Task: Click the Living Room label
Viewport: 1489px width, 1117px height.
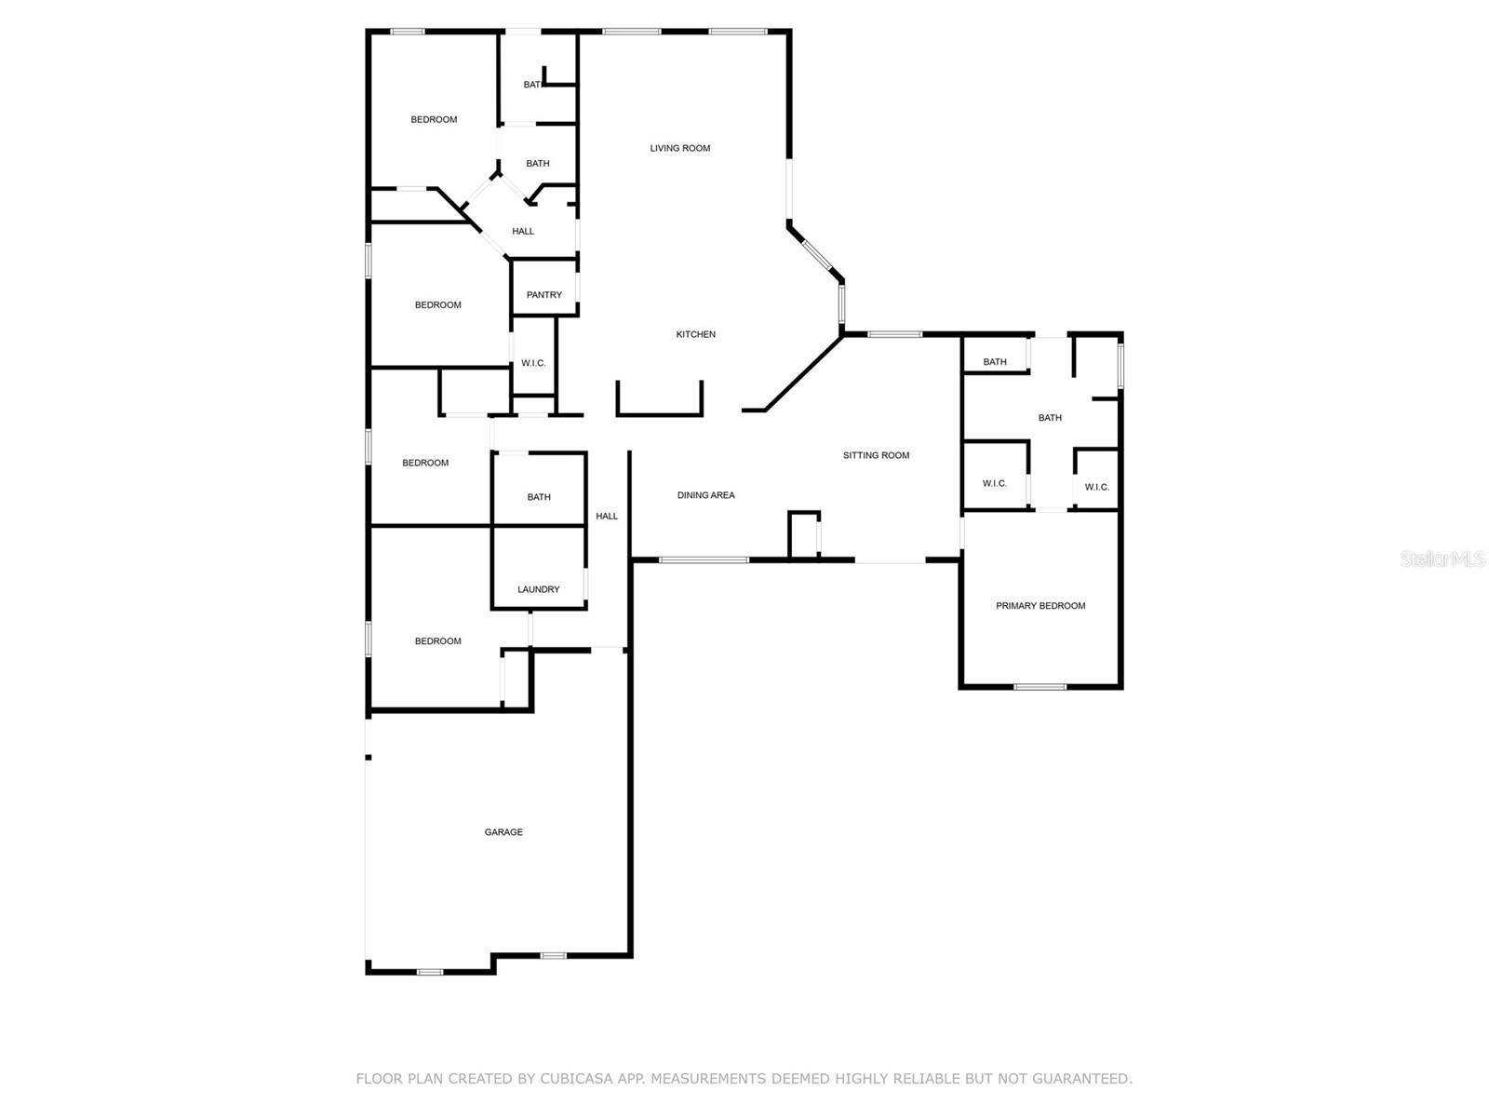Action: tap(679, 148)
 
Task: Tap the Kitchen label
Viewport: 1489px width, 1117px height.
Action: tap(695, 334)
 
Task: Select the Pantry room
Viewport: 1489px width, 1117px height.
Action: tap(543, 294)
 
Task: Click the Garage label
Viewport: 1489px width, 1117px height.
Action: tap(503, 832)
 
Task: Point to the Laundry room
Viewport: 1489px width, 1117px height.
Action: tap(539, 588)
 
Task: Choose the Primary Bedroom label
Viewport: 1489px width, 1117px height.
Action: tap(1040, 606)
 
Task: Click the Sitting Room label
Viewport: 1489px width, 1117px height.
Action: tap(876, 455)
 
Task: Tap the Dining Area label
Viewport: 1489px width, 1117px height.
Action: tap(705, 495)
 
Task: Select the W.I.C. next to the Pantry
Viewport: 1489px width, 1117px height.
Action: tap(533, 363)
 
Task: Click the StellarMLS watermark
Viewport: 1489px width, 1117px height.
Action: tap(1442, 559)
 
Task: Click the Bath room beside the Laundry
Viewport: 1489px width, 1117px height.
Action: tap(539, 496)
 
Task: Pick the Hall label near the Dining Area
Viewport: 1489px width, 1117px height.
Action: tap(607, 516)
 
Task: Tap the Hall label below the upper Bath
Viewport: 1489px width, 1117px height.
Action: tap(523, 231)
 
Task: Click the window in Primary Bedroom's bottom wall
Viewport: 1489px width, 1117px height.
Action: tap(1040, 687)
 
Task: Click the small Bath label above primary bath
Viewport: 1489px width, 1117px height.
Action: tap(995, 362)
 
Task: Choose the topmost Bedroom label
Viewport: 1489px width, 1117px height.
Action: tap(434, 119)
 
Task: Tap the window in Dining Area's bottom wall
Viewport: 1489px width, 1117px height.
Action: tap(704, 559)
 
